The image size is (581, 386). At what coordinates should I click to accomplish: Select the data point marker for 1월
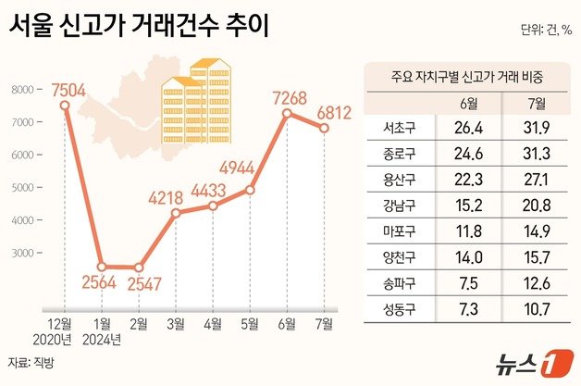click(103, 267)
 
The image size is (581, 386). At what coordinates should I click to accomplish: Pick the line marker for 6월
click(287, 113)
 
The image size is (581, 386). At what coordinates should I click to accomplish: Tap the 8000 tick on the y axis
click(25, 90)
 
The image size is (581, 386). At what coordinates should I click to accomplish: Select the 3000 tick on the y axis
click(25, 253)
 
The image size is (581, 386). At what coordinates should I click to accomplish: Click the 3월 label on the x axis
click(176, 323)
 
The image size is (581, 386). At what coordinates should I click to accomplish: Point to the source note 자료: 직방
click(31, 362)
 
